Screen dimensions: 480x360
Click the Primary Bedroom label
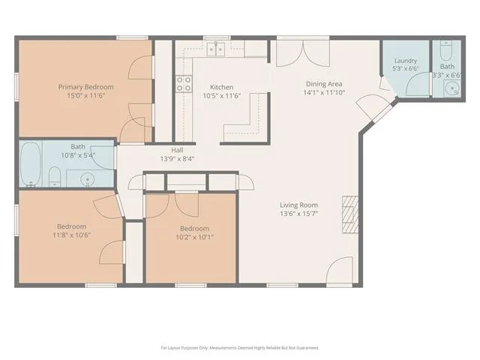coord(86,87)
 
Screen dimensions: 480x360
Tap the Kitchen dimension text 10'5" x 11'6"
coord(222,96)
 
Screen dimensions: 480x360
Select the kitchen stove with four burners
coord(184,84)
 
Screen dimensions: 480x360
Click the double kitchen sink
coord(216,49)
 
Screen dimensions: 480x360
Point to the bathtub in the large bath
coord(31,163)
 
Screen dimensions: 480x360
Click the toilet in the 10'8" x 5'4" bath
coord(55,177)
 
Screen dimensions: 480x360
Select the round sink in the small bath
coord(452,88)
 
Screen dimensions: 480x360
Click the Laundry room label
coord(406,61)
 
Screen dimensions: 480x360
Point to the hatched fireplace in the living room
coord(350,214)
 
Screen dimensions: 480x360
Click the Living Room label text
coord(298,205)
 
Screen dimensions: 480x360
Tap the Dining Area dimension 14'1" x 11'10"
coord(324,92)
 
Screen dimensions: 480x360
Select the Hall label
coord(177,150)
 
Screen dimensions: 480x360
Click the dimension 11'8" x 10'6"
coord(72,235)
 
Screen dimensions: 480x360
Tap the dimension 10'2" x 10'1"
coord(195,237)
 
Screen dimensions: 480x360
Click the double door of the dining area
coord(303,52)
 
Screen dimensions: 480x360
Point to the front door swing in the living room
coord(339,271)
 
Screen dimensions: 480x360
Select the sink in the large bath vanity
coord(87,179)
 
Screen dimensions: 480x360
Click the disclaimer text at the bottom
coord(240,348)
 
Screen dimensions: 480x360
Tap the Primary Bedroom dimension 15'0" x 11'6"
coord(86,95)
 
